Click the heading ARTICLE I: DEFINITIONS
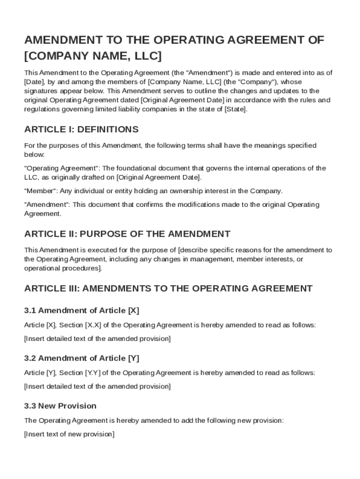pyautogui.click(x=81, y=129)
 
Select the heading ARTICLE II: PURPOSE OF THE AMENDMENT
pyautogui.click(x=127, y=234)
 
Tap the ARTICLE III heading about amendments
pyautogui.click(x=168, y=289)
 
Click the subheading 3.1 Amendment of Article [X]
pyautogui.click(x=82, y=311)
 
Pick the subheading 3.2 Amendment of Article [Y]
pyautogui.click(x=82, y=358)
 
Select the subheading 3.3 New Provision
pyautogui.click(x=60, y=406)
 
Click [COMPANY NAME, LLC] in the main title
pyautogui.click(x=93, y=56)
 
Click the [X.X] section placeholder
pyautogui.click(x=93, y=325)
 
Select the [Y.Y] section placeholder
pyautogui.click(x=93, y=373)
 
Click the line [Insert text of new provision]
pyautogui.click(x=69, y=434)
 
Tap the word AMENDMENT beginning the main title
pyautogui.click(x=65, y=40)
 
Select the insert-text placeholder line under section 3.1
pyautogui.click(x=97, y=339)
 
